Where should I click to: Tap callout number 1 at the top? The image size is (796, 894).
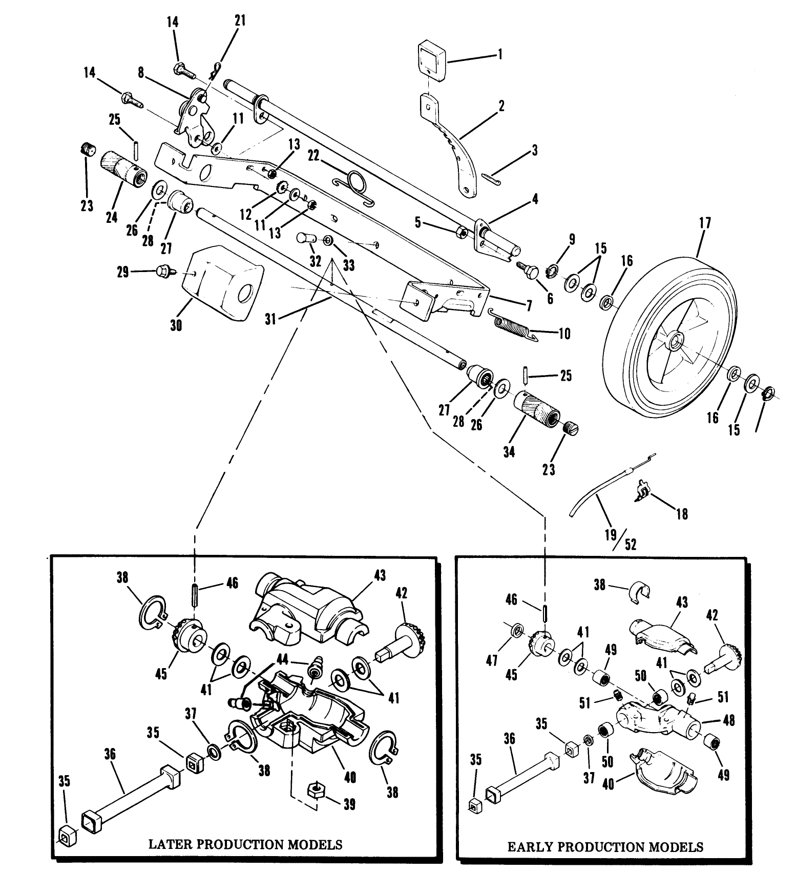pyautogui.click(x=500, y=54)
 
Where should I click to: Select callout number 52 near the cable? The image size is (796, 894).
pyautogui.click(x=631, y=545)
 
